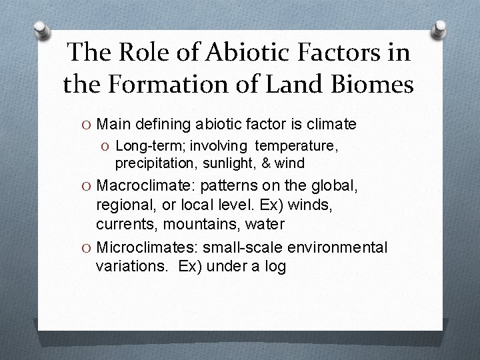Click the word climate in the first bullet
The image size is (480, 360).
(331, 124)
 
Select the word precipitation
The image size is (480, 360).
(146, 163)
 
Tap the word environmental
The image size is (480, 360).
(337, 247)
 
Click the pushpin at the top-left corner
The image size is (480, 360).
(42, 30)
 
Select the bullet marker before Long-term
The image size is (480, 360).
(107, 146)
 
